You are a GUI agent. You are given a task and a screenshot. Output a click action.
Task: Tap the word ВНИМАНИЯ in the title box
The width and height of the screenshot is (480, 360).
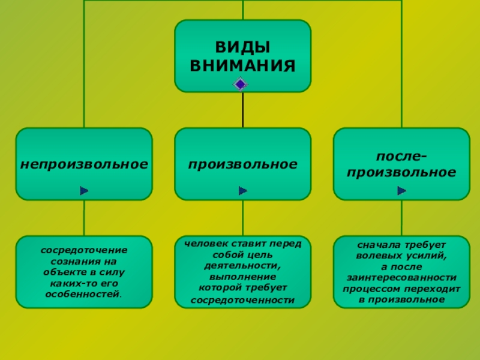pos(242,64)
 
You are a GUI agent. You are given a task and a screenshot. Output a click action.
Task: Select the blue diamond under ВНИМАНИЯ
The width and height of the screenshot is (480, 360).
pos(240,84)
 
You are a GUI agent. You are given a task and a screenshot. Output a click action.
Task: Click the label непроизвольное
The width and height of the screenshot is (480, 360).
pos(84,163)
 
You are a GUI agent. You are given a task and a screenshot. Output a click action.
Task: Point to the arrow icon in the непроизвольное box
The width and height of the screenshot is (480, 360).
pos(84,191)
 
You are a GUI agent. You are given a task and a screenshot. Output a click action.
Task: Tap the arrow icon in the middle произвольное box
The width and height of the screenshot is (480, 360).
pos(242,191)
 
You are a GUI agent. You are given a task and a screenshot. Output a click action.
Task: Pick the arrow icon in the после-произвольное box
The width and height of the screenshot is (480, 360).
pos(401,191)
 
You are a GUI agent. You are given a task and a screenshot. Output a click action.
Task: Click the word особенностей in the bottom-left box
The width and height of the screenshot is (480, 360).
pos(82,294)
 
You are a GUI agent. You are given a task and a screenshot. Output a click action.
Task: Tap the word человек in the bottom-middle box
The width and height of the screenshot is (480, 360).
pos(202,244)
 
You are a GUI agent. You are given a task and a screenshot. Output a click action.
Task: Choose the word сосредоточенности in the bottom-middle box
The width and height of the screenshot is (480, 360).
pos(242,299)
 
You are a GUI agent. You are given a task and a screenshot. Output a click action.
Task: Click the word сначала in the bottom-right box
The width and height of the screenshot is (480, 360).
pos(374,245)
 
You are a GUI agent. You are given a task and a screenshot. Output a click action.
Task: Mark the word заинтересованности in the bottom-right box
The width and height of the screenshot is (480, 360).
pos(401,278)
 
